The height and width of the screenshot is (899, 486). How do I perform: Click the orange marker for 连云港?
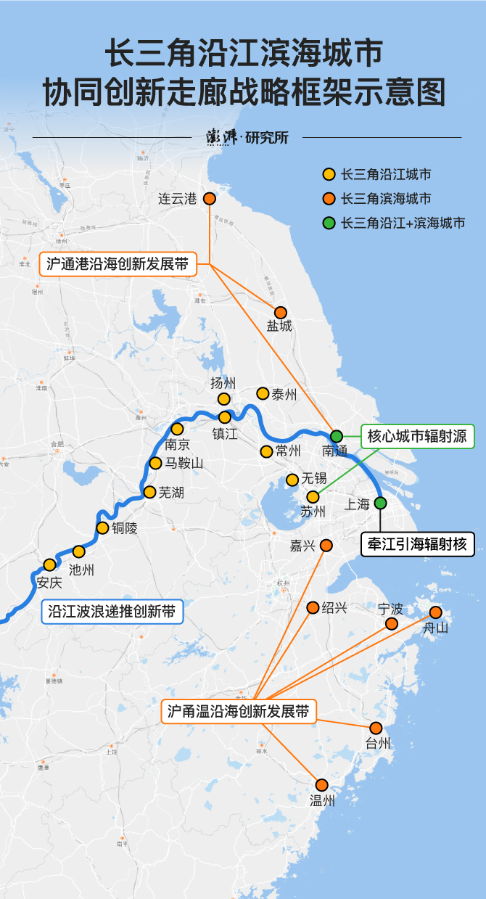[209, 198]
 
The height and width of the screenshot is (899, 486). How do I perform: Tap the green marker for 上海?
[381, 503]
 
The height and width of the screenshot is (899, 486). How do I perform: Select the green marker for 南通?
[337, 436]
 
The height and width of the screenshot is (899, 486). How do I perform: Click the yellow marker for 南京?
[177, 429]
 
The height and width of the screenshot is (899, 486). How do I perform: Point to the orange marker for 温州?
[322, 784]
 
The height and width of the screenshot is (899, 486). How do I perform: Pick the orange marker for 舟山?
[436, 612]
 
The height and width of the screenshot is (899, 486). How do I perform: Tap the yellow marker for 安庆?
[49, 565]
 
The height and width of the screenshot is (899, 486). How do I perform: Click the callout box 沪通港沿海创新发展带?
[118, 264]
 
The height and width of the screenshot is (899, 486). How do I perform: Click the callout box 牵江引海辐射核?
[417, 543]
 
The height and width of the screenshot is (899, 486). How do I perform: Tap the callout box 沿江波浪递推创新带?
[112, 612]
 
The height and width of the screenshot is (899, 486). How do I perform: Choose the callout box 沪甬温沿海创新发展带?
[238, 712]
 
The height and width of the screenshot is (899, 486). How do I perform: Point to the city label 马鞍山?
[184, 464]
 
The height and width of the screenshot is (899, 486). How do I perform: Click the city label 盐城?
[279, 327]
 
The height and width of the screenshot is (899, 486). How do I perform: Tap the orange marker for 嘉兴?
[326, 545]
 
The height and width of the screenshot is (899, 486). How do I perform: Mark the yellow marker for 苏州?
[313, 497]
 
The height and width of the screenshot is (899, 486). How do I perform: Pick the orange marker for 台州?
[376, 728]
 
